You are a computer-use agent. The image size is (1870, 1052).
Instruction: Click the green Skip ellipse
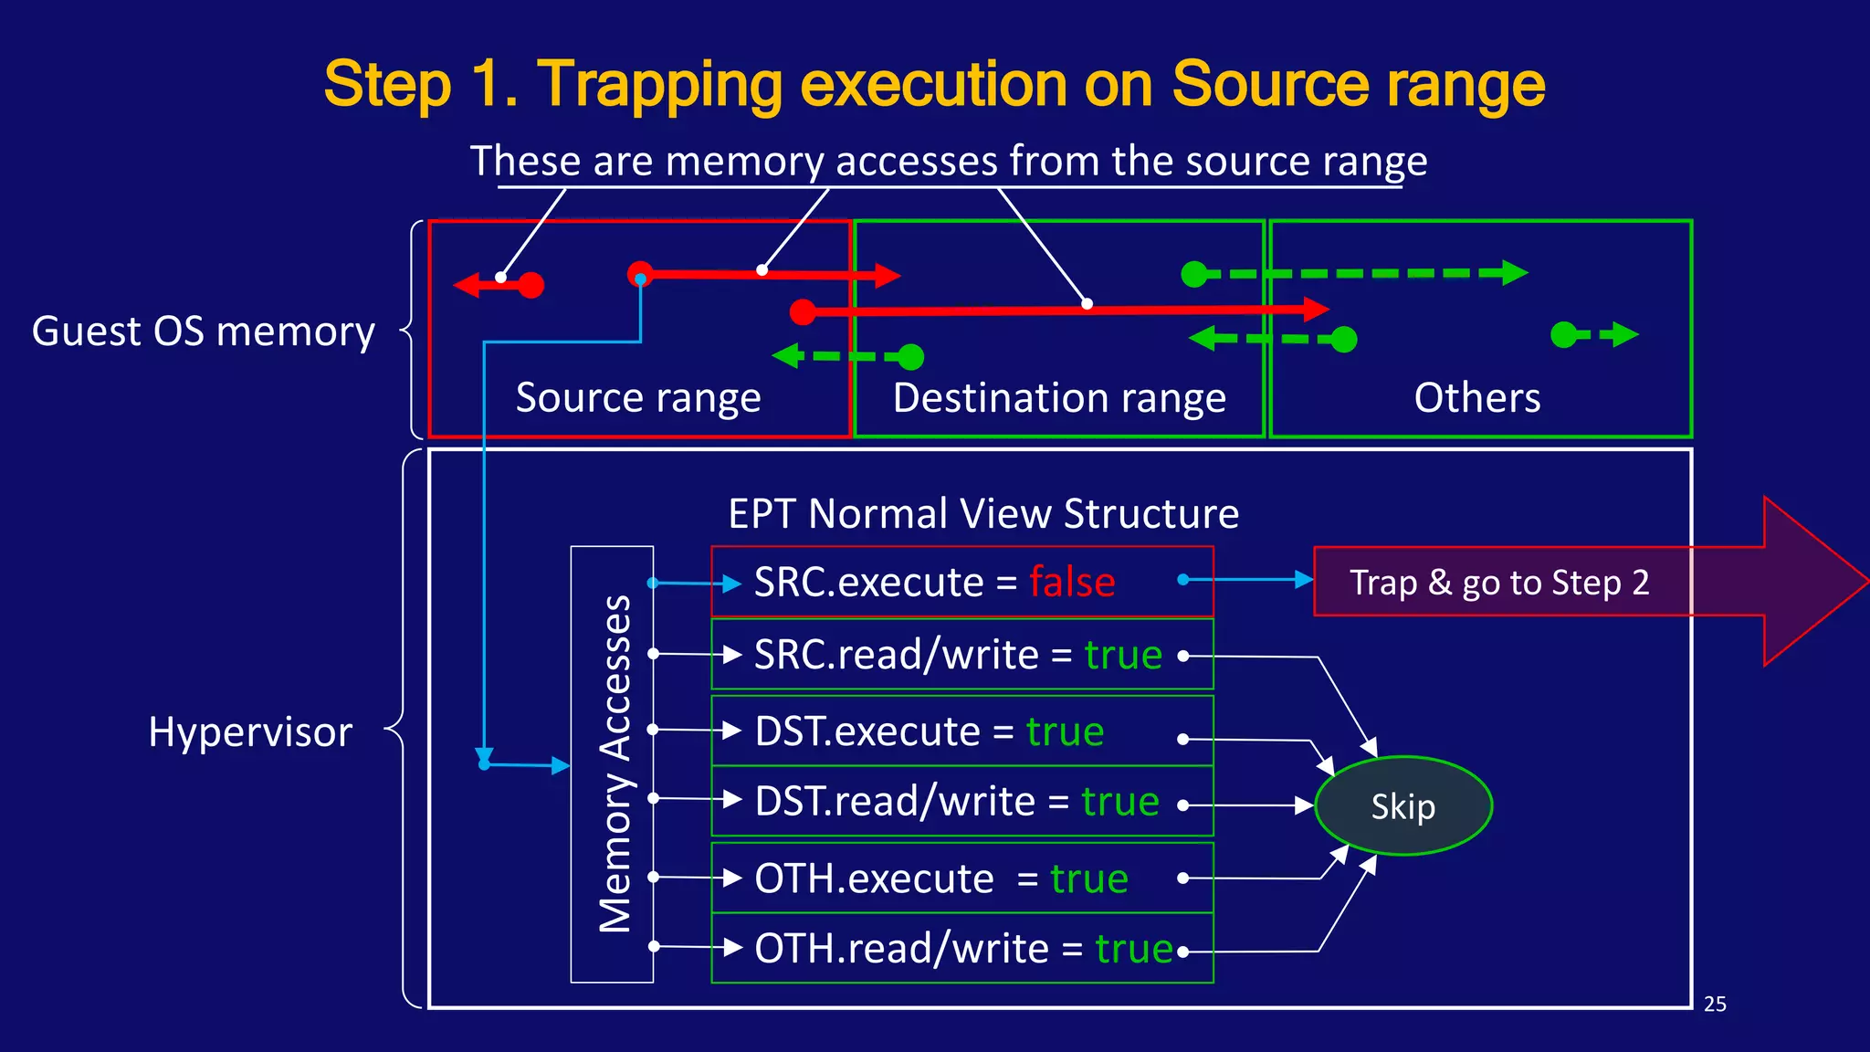point(1403,806)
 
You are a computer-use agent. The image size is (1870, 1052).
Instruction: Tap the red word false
point(1072,583)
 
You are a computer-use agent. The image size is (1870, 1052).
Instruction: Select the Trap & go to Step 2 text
point(1499,583)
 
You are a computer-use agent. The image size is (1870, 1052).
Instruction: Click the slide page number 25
point(1715,1005)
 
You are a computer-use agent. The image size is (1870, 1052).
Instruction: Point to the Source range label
point(638,398)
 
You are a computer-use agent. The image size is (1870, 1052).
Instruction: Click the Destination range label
point(1059,398)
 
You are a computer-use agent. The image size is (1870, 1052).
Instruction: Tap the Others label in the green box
point(1477,398)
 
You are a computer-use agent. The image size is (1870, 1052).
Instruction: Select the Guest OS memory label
point(204,331)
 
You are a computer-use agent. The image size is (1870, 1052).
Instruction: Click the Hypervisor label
point(250,732)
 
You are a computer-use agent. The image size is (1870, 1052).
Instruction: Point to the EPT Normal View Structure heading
point(983,514)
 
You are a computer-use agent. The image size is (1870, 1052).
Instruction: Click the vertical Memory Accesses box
point(613,764)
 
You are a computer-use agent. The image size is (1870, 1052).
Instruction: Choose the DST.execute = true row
point(961,731)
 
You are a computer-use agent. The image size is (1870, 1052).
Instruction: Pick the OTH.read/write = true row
point(961,949)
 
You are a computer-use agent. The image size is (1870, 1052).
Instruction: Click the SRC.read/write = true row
point(961,655)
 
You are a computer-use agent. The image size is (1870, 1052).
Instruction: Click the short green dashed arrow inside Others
point(1595,335)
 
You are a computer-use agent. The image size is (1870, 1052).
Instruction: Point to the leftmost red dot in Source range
point(531,286)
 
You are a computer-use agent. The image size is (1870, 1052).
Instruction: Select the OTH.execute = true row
point(961,878)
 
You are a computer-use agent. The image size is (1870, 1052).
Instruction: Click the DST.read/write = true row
point(961,802)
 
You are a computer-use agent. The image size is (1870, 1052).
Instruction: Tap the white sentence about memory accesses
point(948,162)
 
